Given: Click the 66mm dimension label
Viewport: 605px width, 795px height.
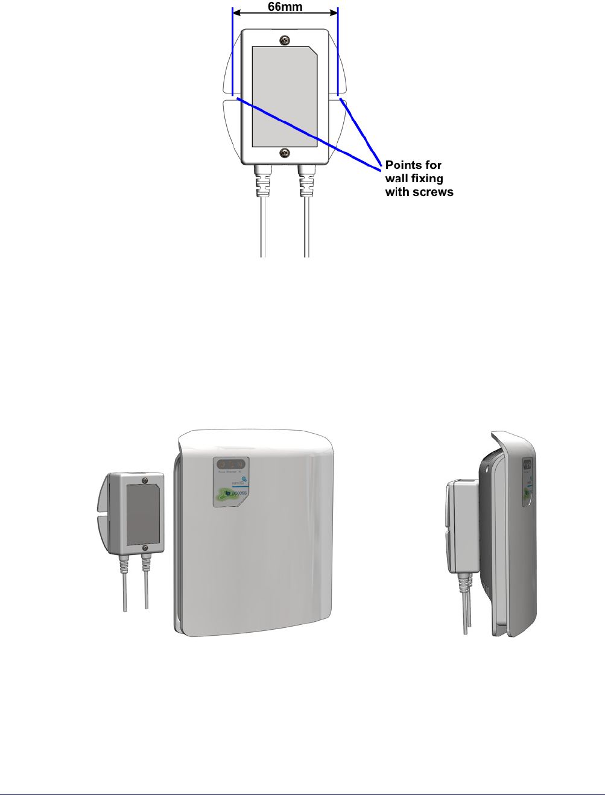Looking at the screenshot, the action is [285, 7].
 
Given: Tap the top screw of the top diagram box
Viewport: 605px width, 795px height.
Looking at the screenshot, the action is [285, 40].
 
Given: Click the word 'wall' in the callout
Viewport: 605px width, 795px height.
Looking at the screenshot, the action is [398, 179].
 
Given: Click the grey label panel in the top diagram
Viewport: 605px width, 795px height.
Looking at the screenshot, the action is [284, 97].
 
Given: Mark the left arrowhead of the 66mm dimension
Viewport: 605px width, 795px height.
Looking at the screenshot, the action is [236, 11].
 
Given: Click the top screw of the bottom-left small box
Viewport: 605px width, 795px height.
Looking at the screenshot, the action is [145, 480].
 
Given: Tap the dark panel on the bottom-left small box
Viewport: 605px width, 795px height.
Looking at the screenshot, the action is [142, 513].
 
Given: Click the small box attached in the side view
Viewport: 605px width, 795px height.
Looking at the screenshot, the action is [461, 525].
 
